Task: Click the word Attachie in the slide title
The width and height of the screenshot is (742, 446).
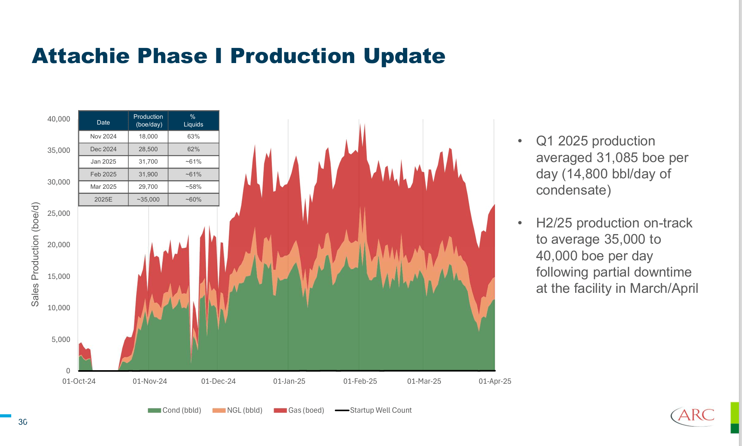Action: point(81,56)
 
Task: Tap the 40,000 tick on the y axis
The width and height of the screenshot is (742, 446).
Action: point(59,119)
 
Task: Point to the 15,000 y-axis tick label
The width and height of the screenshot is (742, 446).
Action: point(59,276)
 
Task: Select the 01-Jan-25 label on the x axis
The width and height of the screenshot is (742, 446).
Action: point(289,381)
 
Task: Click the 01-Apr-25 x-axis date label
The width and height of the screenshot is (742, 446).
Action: point(495,381)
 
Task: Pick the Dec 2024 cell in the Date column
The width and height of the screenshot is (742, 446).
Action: point(103,149)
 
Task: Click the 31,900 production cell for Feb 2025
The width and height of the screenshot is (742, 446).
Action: point(148,174)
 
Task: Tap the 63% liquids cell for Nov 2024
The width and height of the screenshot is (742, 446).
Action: point(193,137)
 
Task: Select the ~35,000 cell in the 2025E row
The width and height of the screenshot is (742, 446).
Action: point(148,200)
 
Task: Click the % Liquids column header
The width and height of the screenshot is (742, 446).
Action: point(193,121)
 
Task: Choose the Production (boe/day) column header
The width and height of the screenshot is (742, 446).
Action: point(148,121)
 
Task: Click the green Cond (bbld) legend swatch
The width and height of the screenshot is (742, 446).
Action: point(154,410)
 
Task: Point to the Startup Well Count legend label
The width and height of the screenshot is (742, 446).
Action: point(380,410)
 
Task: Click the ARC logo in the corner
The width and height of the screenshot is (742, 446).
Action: point(693,416)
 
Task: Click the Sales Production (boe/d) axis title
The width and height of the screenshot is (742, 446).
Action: point(35,254)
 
